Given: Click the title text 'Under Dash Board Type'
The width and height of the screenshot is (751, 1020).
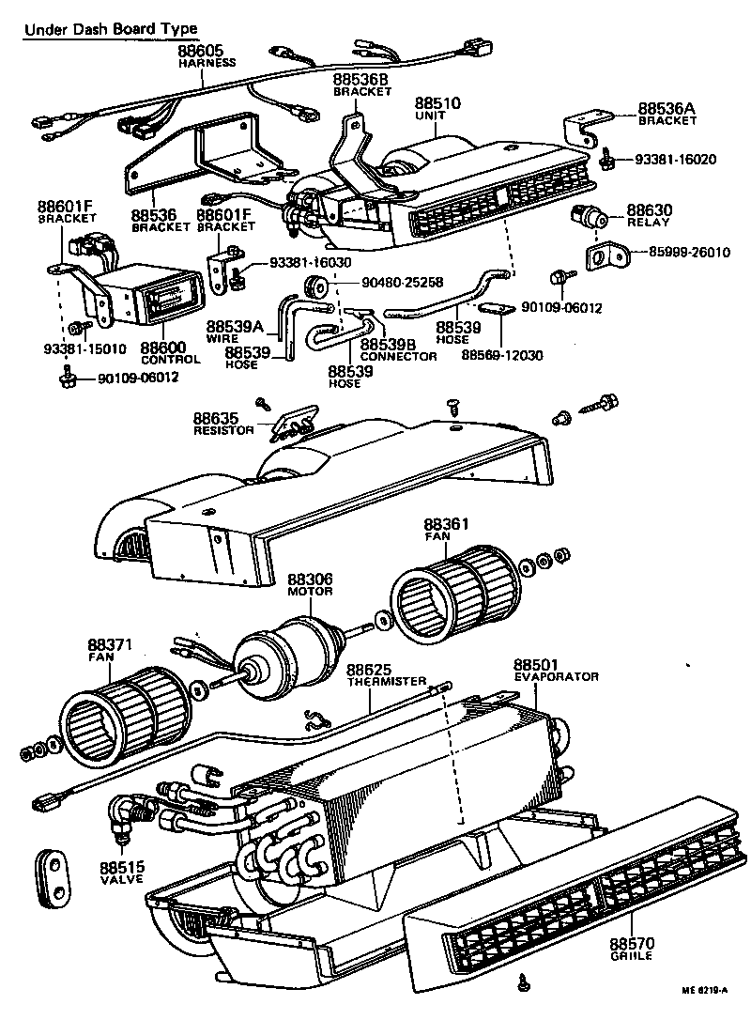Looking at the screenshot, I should pos(110,29).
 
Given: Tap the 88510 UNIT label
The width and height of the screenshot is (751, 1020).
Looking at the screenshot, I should pos(436,108).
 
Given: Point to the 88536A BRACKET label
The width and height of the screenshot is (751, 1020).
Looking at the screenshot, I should pos(667,113).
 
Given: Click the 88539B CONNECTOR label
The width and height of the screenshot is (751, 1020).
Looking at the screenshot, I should pos(398,349).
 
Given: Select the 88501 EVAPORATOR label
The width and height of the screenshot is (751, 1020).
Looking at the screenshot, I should pos(556,669).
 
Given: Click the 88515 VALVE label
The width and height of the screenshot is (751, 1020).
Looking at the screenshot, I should pos(120,873).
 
